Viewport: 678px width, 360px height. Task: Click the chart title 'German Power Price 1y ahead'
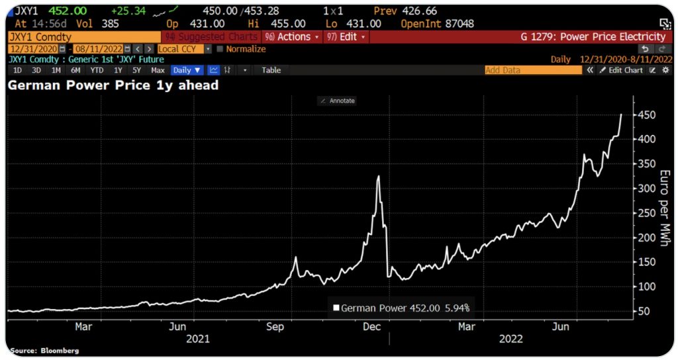[x=113, y=85]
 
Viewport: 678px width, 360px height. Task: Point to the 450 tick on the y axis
[x=647, y=115]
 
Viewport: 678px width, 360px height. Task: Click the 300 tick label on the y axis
[x=647, y=189]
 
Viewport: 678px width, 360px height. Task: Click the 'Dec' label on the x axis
[x=371, y=326]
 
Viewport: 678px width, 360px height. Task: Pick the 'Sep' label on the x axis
[x=275, y=326]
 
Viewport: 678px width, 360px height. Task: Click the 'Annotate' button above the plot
[x=338, y=101]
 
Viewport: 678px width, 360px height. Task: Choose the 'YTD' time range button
[x=97, y=70]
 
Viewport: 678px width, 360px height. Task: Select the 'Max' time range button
[x=158, y=70]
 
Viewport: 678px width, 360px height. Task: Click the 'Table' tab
[x=271, y=70]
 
